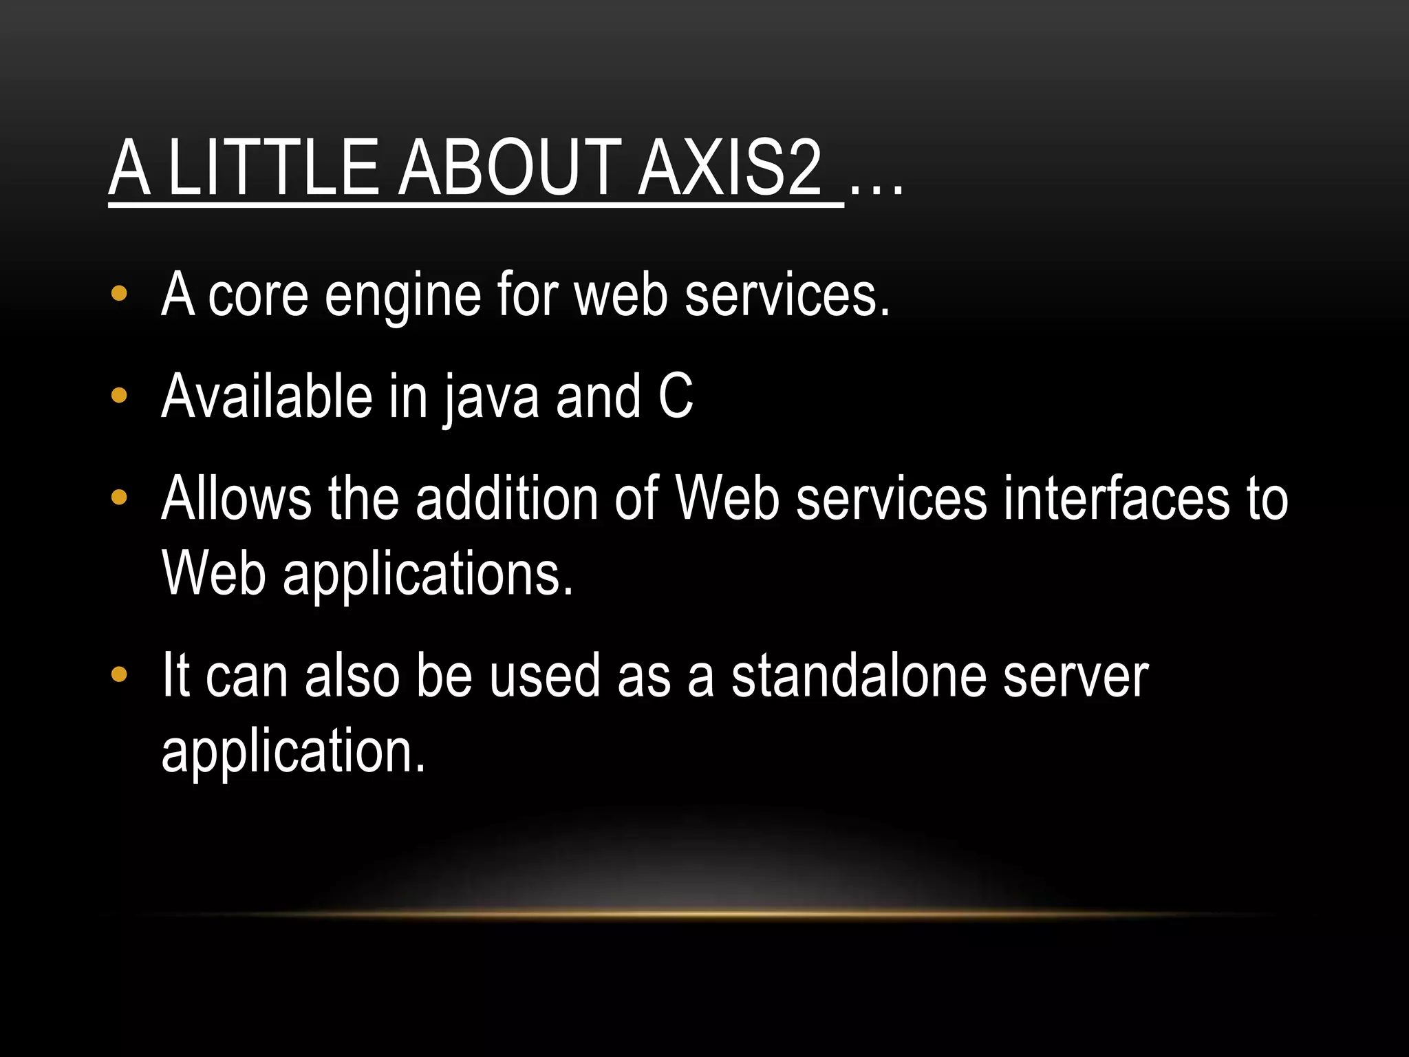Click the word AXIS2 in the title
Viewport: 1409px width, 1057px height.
[729, 168]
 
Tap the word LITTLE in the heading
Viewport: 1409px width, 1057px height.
[272, 168]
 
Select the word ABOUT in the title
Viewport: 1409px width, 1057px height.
[510, 168]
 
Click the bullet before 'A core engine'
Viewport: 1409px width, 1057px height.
[119, 294]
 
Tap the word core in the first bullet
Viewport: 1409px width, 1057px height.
[258, 296]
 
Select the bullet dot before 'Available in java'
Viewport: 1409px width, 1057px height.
[119, 396]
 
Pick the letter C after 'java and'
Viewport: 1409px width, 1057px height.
[676, 396]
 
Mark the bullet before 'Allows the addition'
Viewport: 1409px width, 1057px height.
[119, 497]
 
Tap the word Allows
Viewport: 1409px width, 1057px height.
[236, 498]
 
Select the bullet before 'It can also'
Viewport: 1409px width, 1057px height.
[119, 674]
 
